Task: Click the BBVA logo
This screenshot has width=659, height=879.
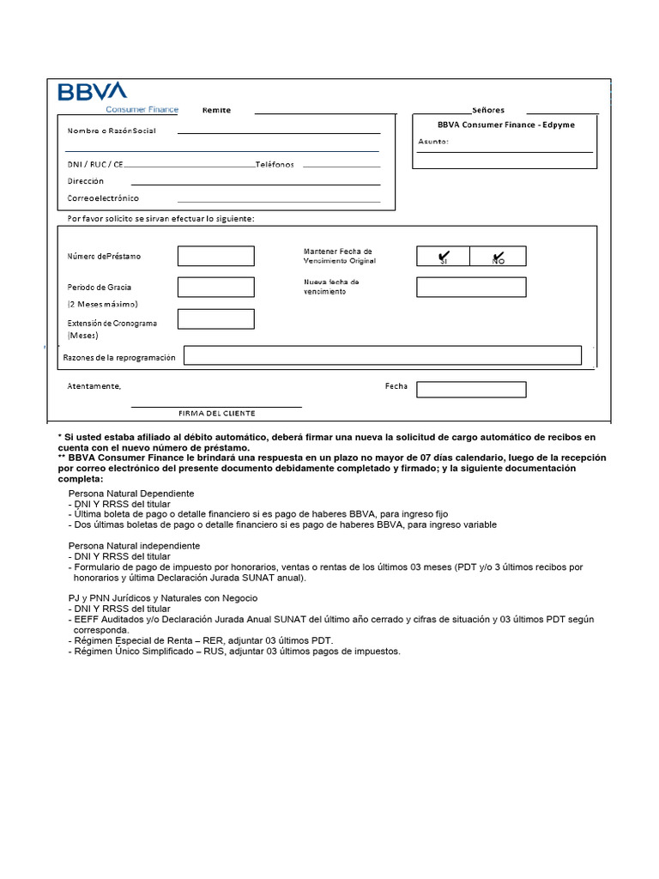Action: (x=92, y=93)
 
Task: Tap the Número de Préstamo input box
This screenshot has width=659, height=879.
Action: (x=215, y=256)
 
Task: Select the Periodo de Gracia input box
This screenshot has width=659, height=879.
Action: (x=215, y=287)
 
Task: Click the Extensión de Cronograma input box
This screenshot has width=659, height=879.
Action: (x=215, y=318)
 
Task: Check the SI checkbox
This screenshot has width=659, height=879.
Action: (x=443, y=256)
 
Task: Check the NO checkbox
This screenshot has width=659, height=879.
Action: (x=498, y=256)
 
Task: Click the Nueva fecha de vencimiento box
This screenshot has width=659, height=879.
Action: (x=471, y=287)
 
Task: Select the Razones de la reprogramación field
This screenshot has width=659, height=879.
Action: (x=382, y=355)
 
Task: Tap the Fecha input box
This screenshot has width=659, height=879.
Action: (x=471, y=390)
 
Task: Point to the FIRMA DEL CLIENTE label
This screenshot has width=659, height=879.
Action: (x=216, y=413)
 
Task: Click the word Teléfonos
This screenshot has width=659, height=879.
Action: (x=275, y=164)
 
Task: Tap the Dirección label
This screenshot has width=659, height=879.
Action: (x=86, y=181)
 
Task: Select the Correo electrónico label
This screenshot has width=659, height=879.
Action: (x=103, y=198)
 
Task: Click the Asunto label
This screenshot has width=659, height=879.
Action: (x=433, y=141)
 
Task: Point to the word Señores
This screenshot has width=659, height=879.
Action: (x=488, y=110)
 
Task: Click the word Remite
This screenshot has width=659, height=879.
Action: (x=216, y=110)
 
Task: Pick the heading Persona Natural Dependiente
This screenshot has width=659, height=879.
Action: (x=131, y=494)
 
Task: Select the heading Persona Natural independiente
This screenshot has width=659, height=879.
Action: (x=134, y=545)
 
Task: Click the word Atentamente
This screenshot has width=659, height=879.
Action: (x=94, y=386)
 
